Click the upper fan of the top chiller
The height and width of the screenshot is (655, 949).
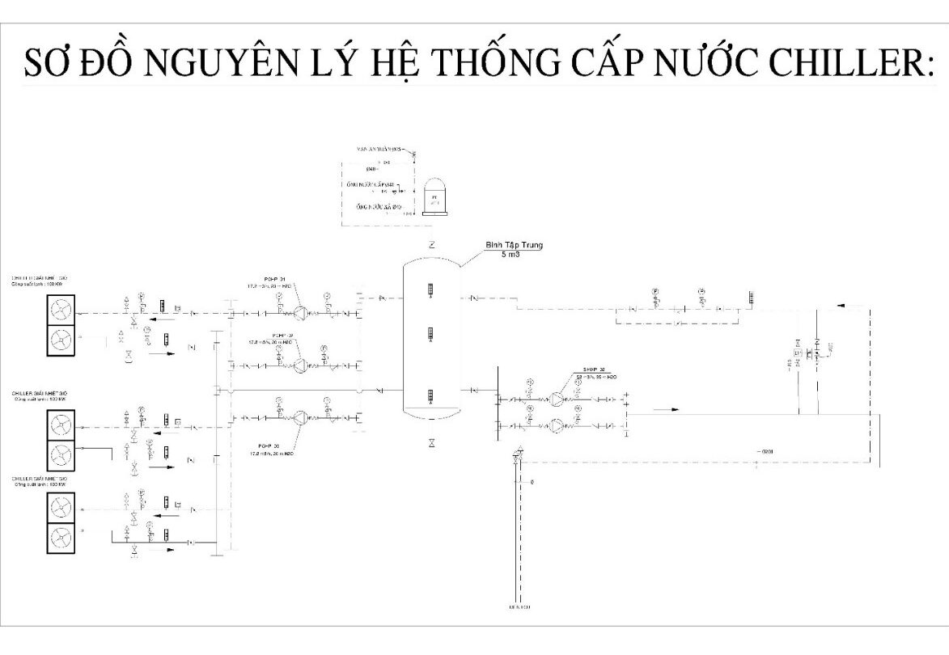pos(61,308)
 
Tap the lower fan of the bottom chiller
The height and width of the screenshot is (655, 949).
pos(61,537)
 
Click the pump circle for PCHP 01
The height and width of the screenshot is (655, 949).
pos(299,312)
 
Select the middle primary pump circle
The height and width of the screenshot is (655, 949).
pos(299,366)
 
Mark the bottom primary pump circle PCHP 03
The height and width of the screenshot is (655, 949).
pos(299,417)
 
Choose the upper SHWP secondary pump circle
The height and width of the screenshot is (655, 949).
pos(557,399)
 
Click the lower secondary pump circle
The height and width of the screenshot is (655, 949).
pos(557,425)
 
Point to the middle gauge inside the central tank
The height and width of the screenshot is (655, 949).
pos(430,333)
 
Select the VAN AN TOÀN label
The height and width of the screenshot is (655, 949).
pos(381,150)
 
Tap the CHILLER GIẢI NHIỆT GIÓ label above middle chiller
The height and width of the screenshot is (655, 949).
pos(40,394)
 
